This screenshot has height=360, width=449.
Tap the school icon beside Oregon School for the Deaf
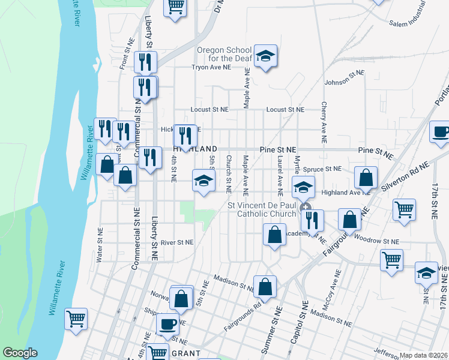pos(265,56)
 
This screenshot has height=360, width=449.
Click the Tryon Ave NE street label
pos(211,68)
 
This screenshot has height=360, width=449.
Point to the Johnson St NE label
pos(345,78)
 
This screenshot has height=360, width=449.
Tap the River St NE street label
pos(177,242)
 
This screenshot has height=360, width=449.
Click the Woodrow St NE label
pos(377,240)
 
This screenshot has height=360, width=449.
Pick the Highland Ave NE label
pos(346,193)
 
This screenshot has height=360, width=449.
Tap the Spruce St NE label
pos(322,169)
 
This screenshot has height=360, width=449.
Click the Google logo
pos(20,353)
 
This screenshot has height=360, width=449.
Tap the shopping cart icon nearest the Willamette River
pos(76,319)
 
